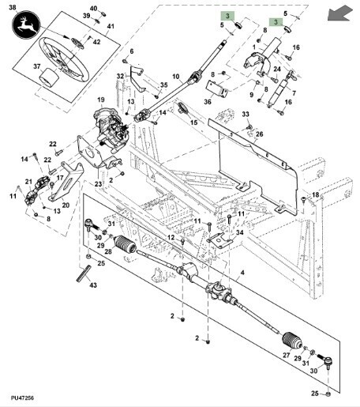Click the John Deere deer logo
click(26, 24)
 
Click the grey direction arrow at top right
click(340, 14)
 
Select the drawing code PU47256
click(22, 398)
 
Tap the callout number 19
click(101, 100)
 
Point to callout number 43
click(93, 285)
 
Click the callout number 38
click(13, 7)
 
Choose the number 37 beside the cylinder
click(37, 66)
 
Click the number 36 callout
click(208, 101)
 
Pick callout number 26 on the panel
click(260, 134)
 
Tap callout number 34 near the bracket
click(240, 232)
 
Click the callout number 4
click(242, 272)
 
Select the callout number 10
click(176, 77)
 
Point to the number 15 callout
click(193, 122)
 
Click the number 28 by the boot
click(108, 251)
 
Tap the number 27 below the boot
click(287, 355)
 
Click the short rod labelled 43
click(84, 273)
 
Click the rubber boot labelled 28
click(126, 244)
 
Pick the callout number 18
click(315, 194)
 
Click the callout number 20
click(66, 205)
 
